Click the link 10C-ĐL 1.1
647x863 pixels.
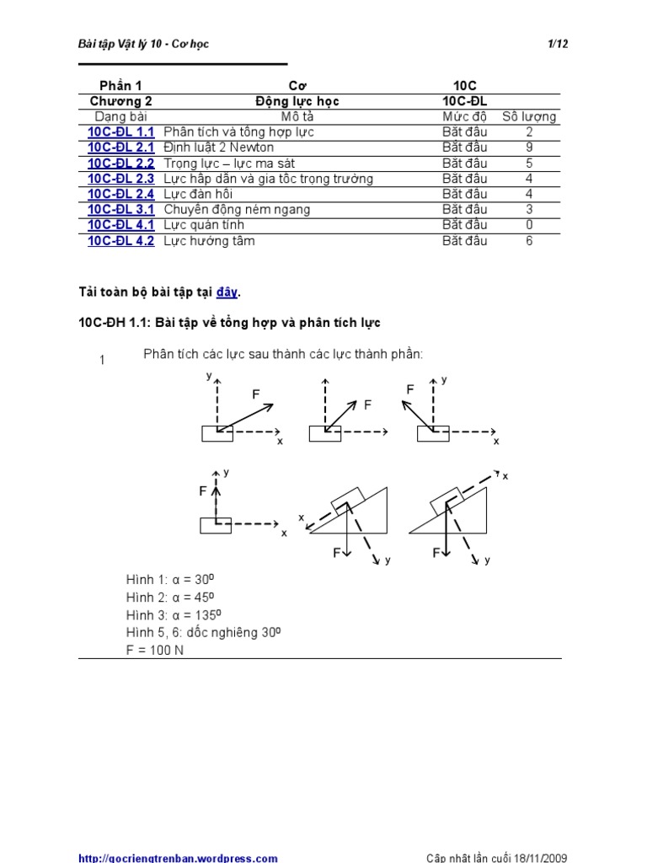121,132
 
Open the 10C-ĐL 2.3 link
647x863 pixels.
121,179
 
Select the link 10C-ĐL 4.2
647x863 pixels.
121,241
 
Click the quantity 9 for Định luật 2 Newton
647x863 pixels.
529,147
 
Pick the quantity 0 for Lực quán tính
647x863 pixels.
529,225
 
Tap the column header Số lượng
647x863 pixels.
529,116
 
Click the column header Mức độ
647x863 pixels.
465,116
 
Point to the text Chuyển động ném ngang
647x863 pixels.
237,210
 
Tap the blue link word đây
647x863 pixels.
227,292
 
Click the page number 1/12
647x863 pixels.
558,45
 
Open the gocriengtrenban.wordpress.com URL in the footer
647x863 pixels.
178,858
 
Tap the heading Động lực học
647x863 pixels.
297,101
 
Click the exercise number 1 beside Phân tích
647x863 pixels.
102,360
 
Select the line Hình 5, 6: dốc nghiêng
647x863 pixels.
204,632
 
